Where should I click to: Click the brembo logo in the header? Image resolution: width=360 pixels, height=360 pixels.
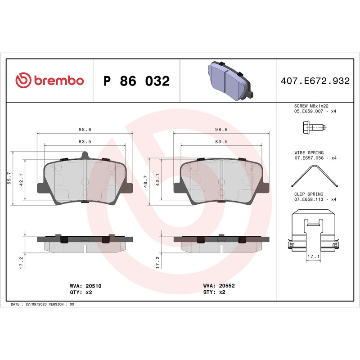click(49, 81)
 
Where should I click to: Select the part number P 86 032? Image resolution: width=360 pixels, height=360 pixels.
click(136, 81)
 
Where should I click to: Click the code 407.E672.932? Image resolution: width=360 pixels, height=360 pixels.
click(315, 81)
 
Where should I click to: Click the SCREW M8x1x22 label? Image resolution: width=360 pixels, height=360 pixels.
click(309, 106)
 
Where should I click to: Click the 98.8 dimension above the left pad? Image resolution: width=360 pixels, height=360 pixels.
click(85, 129)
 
